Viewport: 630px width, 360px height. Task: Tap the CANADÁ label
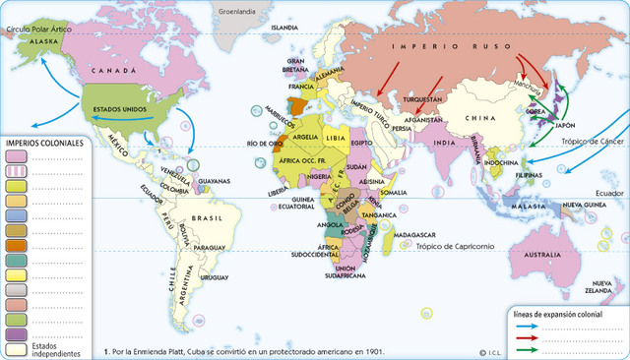112,72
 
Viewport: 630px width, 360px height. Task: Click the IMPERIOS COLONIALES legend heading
44,143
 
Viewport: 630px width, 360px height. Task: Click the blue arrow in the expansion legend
531,326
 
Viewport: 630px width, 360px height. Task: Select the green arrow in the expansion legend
531,349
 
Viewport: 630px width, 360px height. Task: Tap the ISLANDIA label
284,28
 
